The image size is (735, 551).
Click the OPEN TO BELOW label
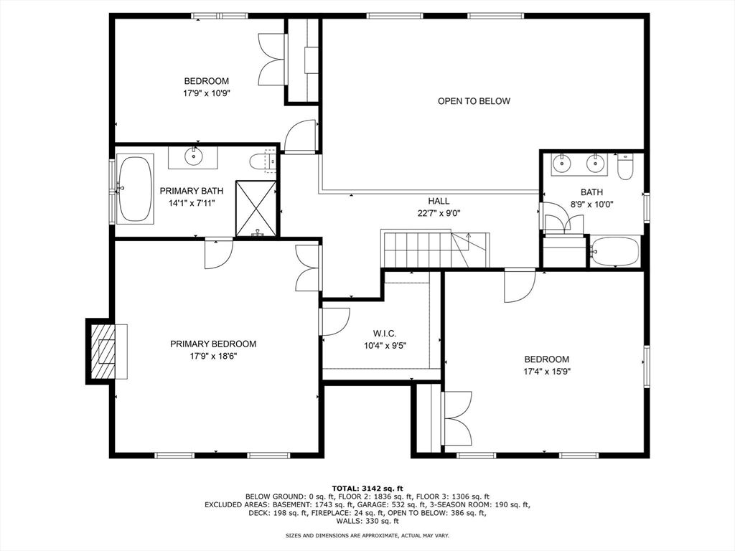[474, 101]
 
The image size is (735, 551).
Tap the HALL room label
[439, 201]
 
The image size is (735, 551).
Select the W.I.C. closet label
[385, 334]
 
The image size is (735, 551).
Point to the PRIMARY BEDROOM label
[213, 344]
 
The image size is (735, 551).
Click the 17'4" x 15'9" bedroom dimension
[546, 372]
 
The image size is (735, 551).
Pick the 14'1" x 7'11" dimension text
[192, 203]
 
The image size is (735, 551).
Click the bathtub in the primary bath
[134, 189]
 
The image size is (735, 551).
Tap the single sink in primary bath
[192, 156]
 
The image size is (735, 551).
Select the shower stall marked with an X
[256, 209]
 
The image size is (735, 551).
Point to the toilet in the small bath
[625, 166]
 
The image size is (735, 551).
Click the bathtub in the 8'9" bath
[615, 251]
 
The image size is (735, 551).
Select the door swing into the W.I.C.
[334, 321]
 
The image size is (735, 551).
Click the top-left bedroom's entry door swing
[300, 136]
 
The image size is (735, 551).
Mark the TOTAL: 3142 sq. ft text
[367, 488]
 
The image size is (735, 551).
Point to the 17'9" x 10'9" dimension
[206, 93]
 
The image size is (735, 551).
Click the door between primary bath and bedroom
[218, 253]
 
